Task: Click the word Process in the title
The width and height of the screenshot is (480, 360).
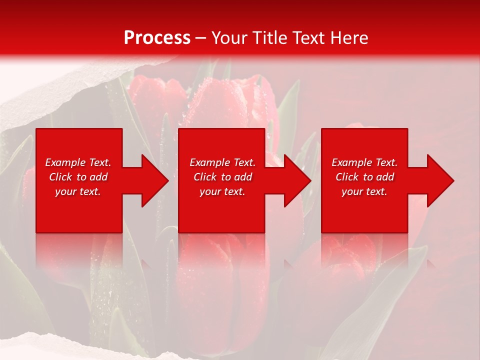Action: pos(157,38)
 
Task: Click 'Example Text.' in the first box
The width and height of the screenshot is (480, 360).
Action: pos(78,162)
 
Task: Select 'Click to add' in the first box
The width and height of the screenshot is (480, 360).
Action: pos(78,177)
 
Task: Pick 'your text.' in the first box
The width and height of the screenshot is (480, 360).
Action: pos(78,191)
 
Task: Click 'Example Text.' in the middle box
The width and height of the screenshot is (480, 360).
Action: pos(222,162)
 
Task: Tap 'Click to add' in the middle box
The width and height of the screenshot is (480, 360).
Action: pos(222,177)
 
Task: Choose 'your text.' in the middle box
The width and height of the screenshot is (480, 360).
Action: pos(222,191)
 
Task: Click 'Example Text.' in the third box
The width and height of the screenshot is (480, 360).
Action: pos(364,162)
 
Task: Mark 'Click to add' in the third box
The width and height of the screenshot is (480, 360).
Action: pos(364,177)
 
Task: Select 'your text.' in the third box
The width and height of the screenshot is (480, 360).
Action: pos(364,191)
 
